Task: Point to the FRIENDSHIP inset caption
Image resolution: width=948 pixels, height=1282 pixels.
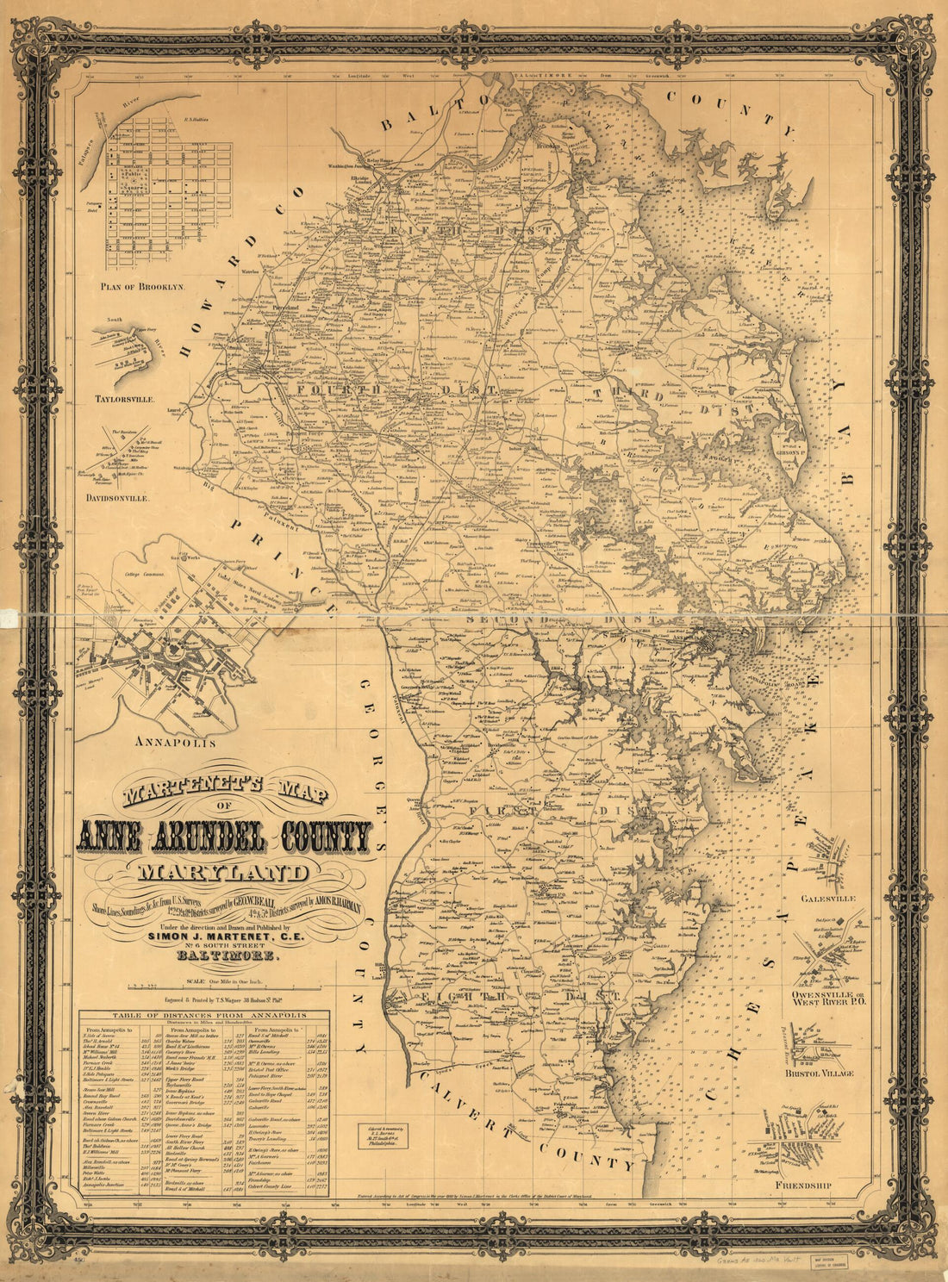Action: (803, 1186)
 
